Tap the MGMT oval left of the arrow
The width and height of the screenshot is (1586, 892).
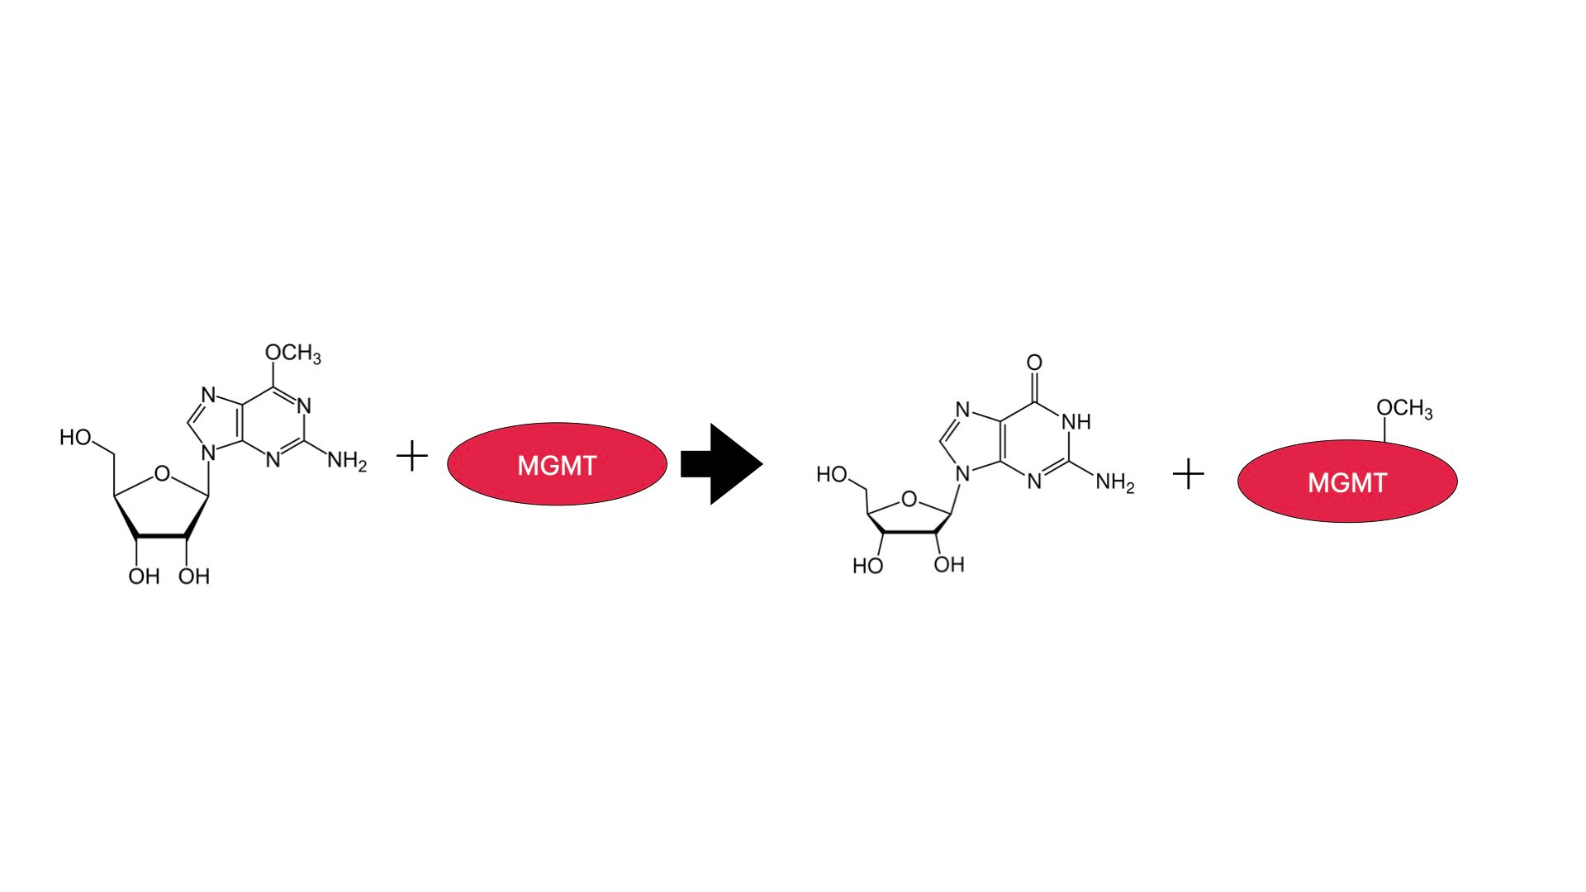(557, 464)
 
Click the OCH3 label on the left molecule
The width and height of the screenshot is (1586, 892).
(292, 353)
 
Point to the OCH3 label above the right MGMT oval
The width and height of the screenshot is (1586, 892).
(1404, 409)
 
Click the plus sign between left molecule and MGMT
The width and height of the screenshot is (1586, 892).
(412, 456)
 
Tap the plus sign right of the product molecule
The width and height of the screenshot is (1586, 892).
(1188, 474)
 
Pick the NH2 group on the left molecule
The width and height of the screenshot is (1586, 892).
(347, 461)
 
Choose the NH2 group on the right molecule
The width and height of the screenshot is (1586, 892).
(1114, 482)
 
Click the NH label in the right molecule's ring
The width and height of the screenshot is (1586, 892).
(1076, 422)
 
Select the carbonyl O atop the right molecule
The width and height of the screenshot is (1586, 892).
(1034, 363)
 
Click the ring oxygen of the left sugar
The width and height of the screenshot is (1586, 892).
(162, 474)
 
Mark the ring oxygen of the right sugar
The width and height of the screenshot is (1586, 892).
(909, 499)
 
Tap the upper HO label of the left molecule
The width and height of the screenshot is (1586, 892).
(75, 438)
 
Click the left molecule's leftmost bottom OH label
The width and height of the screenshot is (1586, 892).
(144, 576)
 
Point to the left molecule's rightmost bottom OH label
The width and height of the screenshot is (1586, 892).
(194, 576)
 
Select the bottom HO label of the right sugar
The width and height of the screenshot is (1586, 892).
(867, 566)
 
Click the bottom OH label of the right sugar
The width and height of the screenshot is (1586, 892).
(949, 564)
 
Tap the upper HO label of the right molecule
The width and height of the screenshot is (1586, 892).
(832, 475)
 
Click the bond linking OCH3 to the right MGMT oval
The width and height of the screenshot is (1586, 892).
(1385, 429)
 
